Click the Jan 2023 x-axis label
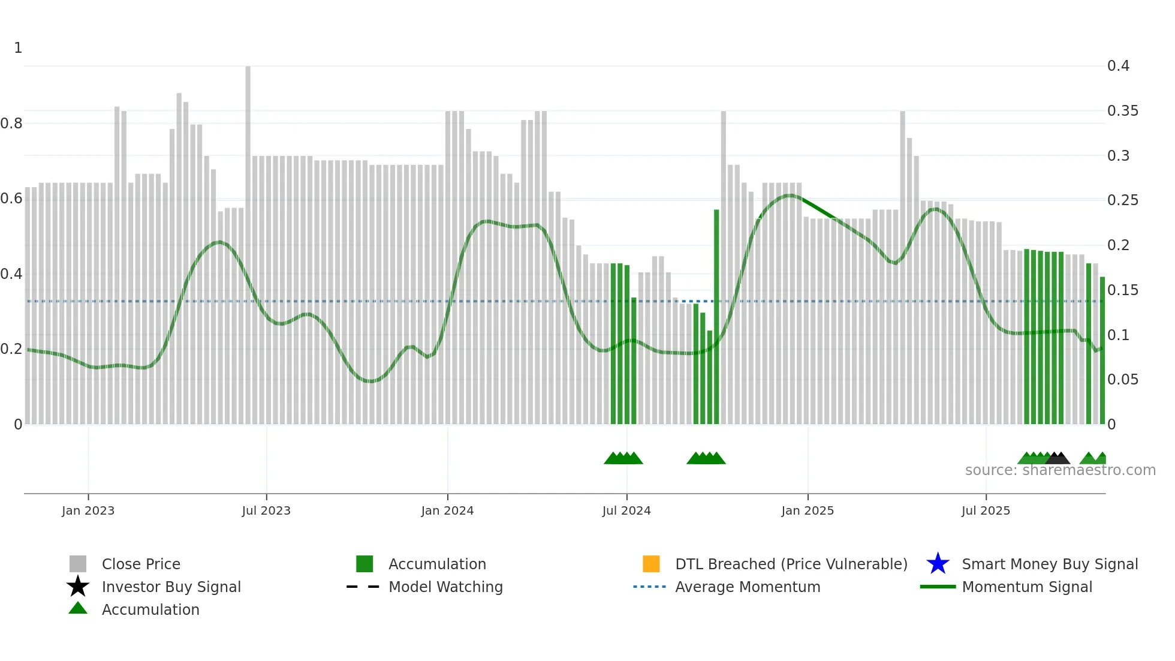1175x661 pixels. point(88,510)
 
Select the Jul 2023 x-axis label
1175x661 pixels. point(266,510)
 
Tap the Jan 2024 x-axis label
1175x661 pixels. point(447,510)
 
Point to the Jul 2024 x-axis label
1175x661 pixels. point(626,510)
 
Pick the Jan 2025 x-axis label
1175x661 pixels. point(808,510)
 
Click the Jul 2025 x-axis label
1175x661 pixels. point(986,510)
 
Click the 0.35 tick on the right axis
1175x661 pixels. point(1122,111)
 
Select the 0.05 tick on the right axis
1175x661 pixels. point(1122,380)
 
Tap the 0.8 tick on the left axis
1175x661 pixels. point(11,124)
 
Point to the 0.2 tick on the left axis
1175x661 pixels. point(11,349)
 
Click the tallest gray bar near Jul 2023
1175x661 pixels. point(248,240)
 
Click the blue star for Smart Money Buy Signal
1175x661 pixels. point(938,564)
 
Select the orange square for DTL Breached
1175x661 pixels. point(651,564)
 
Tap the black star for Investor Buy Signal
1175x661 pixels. point(78,587)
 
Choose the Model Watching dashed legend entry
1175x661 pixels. point(363,587)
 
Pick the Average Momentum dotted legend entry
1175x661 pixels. point(650,587)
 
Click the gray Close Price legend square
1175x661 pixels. point(78,564)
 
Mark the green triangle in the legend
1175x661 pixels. point(78,608)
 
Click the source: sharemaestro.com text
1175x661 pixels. point(1060,470)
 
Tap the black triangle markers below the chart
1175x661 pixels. point(1057,459)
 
